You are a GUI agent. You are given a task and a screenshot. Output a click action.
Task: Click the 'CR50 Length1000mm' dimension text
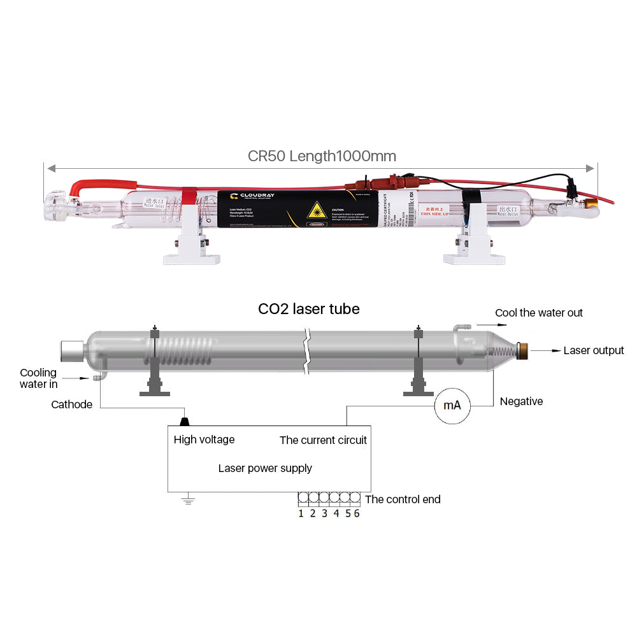pos(322,156)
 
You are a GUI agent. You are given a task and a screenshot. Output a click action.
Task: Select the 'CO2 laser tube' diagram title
pos(308,310)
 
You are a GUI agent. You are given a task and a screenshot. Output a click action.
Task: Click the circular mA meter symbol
pos(452,405)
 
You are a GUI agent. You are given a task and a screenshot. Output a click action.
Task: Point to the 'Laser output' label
pos(594,350)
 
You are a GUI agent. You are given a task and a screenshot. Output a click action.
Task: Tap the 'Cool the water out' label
pos(539,313)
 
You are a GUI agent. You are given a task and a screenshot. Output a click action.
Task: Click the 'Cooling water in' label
pos(38,378)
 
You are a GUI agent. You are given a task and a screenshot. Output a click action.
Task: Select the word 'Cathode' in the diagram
pos(71,404)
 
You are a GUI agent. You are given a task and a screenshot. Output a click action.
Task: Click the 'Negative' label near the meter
pos(521,401)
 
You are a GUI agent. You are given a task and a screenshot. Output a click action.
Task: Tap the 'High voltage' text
pos(204,440)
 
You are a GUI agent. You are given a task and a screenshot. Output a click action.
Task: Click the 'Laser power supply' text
pos(265,468)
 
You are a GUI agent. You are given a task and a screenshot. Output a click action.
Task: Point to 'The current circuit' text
pos(323,440)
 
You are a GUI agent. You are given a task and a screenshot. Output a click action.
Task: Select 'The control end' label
pos(403,499)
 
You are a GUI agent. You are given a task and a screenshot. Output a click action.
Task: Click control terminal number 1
pos(301,513)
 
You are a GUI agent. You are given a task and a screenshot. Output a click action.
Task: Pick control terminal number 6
pos(356,513)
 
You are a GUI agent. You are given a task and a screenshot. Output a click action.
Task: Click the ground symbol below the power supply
pos(187,501)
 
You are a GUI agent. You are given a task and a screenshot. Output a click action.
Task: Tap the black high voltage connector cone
pos(185,421)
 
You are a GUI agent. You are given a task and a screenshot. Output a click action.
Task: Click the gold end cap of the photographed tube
pos(592,204)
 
